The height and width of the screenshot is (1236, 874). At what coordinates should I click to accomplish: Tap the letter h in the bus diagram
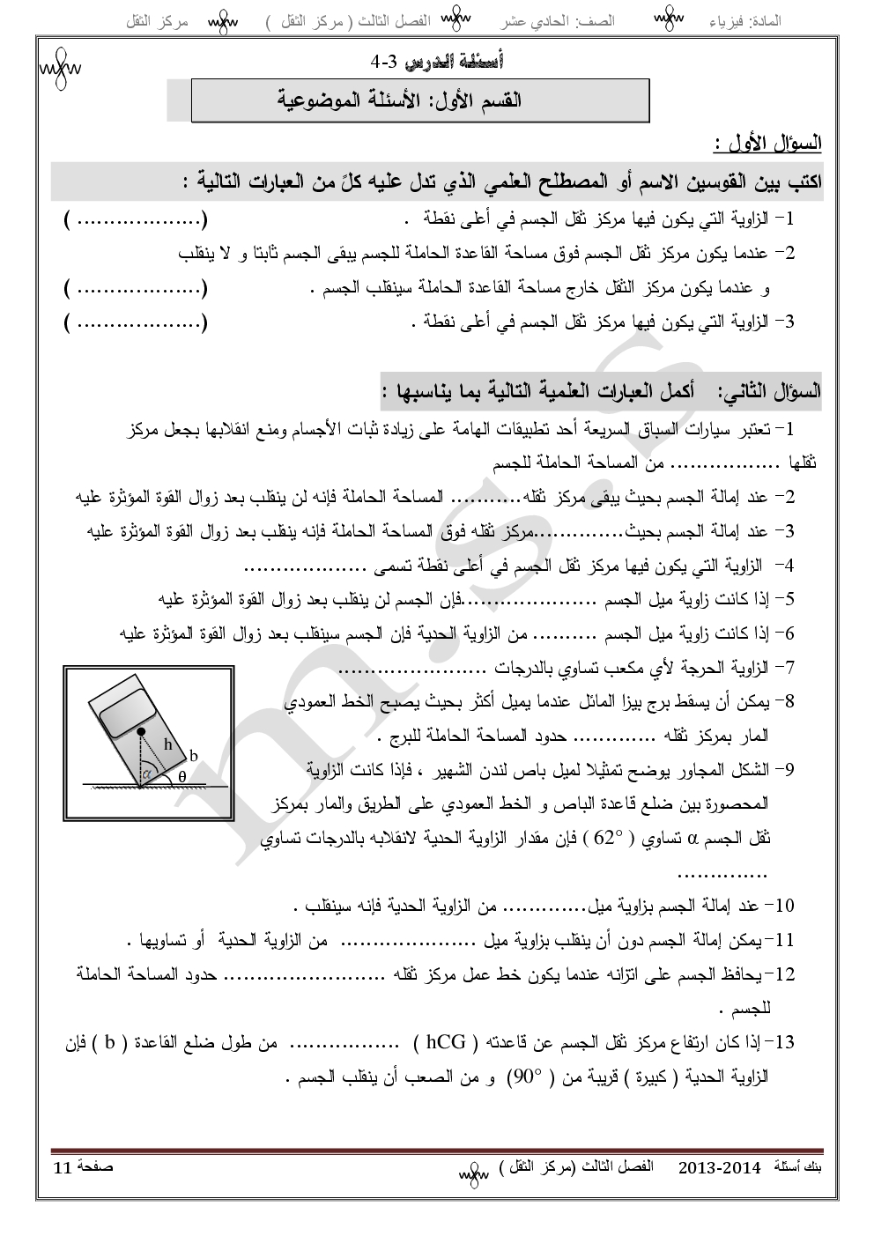pyautogui.click(x=168, y=744)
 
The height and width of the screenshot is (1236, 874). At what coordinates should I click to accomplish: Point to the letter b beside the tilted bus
pyautogui.click(x=194, y=756)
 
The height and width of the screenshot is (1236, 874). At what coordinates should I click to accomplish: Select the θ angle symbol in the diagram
pyautogui.click(x=181, y=776)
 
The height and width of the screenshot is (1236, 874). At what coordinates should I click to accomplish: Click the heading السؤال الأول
pyautogui.click(x=767, y=142)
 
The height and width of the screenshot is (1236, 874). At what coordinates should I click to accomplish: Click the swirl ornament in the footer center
pyautogui.click(x=472, y=1174)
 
